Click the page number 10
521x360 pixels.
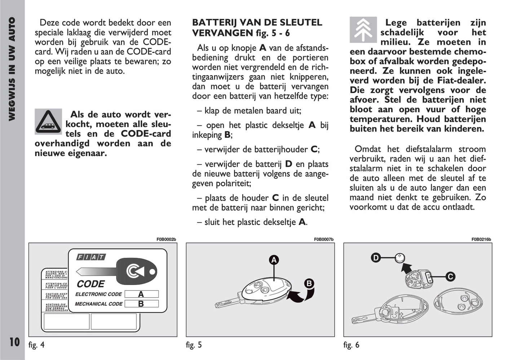[x=14, y=342]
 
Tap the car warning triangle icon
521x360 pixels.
[x=48, y=121]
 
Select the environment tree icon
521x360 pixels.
[x=363, y=30]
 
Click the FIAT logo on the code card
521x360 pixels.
[x=91, y=257]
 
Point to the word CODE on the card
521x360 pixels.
[x=90, y=284]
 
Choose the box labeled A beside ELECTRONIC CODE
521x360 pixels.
[x=141, y=294]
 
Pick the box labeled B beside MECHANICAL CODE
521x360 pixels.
[x=141, y=304]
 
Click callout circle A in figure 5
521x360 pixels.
[x=274, y=260]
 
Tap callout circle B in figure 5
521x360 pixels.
[x=309, y=284]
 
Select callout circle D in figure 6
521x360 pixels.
[x=376, y=258]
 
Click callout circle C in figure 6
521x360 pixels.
[x=450, y=277]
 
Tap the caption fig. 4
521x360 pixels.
[x=36, y=345]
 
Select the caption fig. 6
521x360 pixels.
[x=351, y=345]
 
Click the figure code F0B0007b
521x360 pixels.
[x=323, y=239]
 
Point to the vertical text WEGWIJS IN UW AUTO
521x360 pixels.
[x=12, y=69]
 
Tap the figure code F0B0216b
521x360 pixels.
[x=481, y=239]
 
